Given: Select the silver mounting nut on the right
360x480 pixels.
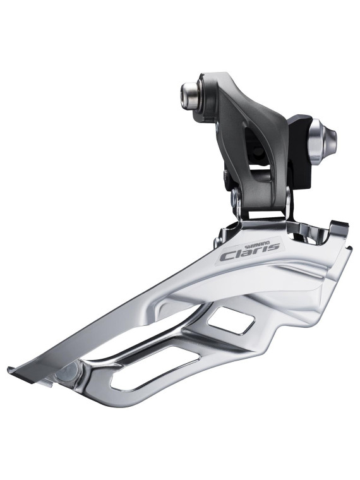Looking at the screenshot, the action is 321,140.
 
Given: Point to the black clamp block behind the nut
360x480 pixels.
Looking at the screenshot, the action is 299,153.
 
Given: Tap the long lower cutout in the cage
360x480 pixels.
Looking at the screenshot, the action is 155,370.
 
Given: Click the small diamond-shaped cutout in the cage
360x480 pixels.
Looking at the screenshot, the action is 231,320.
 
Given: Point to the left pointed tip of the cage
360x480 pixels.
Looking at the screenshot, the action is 9,369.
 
